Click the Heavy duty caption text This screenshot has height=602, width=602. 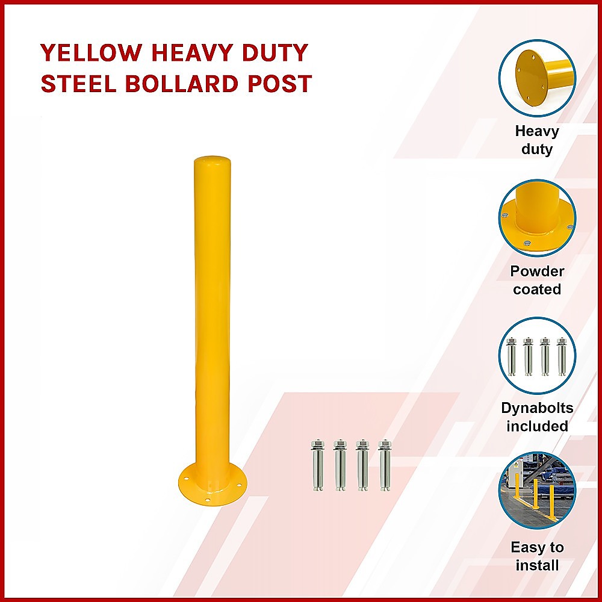click(537, 140)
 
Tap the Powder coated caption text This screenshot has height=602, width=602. click(537, 280)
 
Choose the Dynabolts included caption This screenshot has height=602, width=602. click(537, 417)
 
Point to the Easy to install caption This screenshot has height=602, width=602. click(537, 556)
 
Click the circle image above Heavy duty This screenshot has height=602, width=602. click(537, 78)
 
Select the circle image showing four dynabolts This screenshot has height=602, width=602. click(537, 356)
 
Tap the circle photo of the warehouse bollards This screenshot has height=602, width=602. click(537, 491)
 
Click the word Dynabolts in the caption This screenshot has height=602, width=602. click(537, 408)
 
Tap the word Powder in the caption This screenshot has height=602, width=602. click(537, 271)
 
